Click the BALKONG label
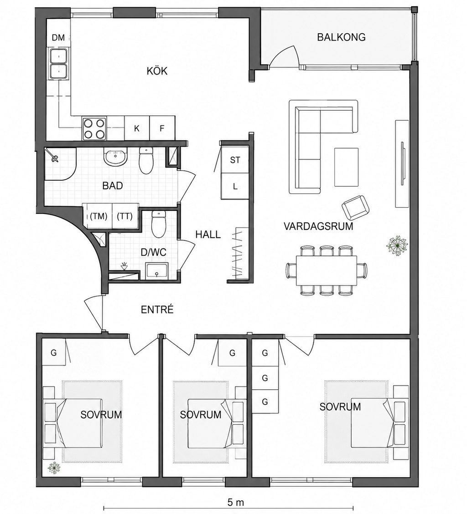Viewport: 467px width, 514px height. [341, 37]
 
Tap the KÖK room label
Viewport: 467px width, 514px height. [157, 71]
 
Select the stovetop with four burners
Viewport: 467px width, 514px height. [94, 128]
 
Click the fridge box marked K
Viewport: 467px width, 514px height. [137, 128]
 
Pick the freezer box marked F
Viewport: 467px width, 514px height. [162, 128]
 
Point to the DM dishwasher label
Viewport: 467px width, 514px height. [58, 38]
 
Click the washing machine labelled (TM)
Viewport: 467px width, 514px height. [99, 216]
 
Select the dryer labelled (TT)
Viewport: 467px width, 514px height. [125, 216]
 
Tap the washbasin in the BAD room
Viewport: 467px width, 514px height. [115, 157]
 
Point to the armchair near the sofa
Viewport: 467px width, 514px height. [355, 207]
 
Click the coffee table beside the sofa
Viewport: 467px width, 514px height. [347, 167]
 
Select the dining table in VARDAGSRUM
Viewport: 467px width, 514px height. [327, 271]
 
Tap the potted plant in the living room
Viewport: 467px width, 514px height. [397, 245]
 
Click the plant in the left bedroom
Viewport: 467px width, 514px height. [54, 468]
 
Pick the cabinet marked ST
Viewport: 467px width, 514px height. [235, 160]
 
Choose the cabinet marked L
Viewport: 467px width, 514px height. [235, 186]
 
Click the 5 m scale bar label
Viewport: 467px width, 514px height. [235, 502]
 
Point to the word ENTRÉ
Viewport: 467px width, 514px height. [157, 310]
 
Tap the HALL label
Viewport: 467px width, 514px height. [208, 234]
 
